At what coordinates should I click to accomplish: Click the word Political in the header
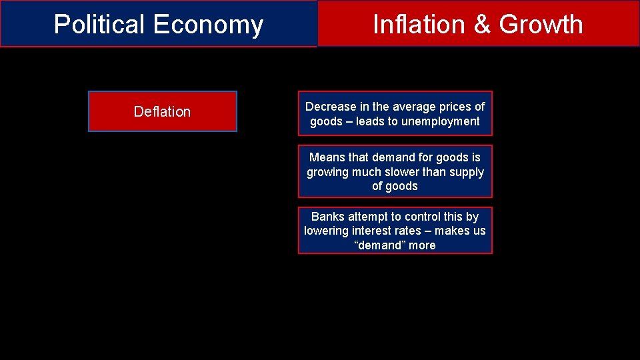pyautogui.click(x=100, y=25)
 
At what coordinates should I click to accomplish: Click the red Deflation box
pyautogui.click(x=162, y=111)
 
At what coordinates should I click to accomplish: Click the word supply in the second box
pyautogui.click(x=466, y=172)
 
